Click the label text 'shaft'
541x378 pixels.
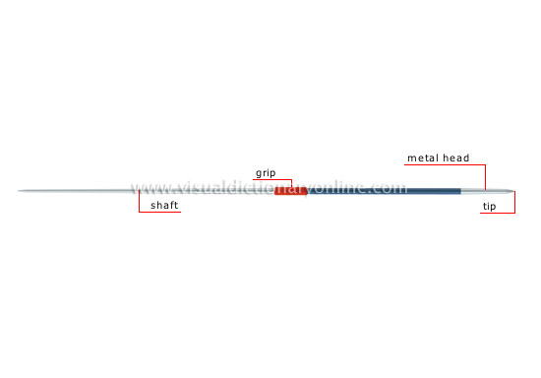point(164,205)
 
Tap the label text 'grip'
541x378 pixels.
point(266,173)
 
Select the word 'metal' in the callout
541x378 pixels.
point(423,158)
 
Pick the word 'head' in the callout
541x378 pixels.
point(455,157)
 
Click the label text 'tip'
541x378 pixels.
point(489,207)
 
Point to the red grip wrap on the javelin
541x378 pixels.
point(291,191)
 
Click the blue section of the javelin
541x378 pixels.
point(385,191)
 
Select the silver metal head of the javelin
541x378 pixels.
point(488,191)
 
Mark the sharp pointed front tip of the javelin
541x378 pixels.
point(514,191)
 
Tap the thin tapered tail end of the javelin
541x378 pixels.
point(19,191)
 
